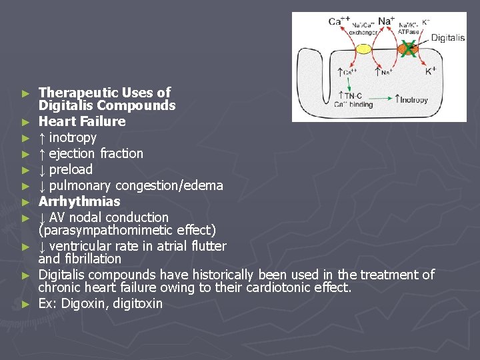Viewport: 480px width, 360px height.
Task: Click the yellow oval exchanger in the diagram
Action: pyautogui.click(x=363, y=49)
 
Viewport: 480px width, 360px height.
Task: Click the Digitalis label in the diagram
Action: pyautogui.click(x=447, y=38)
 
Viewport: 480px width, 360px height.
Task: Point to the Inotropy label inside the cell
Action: pyautogui.click(x=413, y=100)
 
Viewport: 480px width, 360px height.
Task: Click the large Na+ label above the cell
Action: pyautogui.click(x=387, y=21)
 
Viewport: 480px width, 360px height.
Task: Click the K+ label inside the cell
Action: pyautogui.click(x=431, y=69)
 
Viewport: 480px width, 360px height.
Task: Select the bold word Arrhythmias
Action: pyautogui.click(x=79, y=201)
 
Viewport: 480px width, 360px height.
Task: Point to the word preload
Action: pyautogui.click(x=71, y=169)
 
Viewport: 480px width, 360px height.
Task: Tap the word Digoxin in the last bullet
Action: pyautogui.click(x=81, y=303)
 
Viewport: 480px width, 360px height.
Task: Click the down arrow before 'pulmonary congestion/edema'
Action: pyautogui.click(x=42, y=185)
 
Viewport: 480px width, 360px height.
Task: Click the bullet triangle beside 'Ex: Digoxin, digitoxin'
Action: pyautogui.click(x=25, y=304)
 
